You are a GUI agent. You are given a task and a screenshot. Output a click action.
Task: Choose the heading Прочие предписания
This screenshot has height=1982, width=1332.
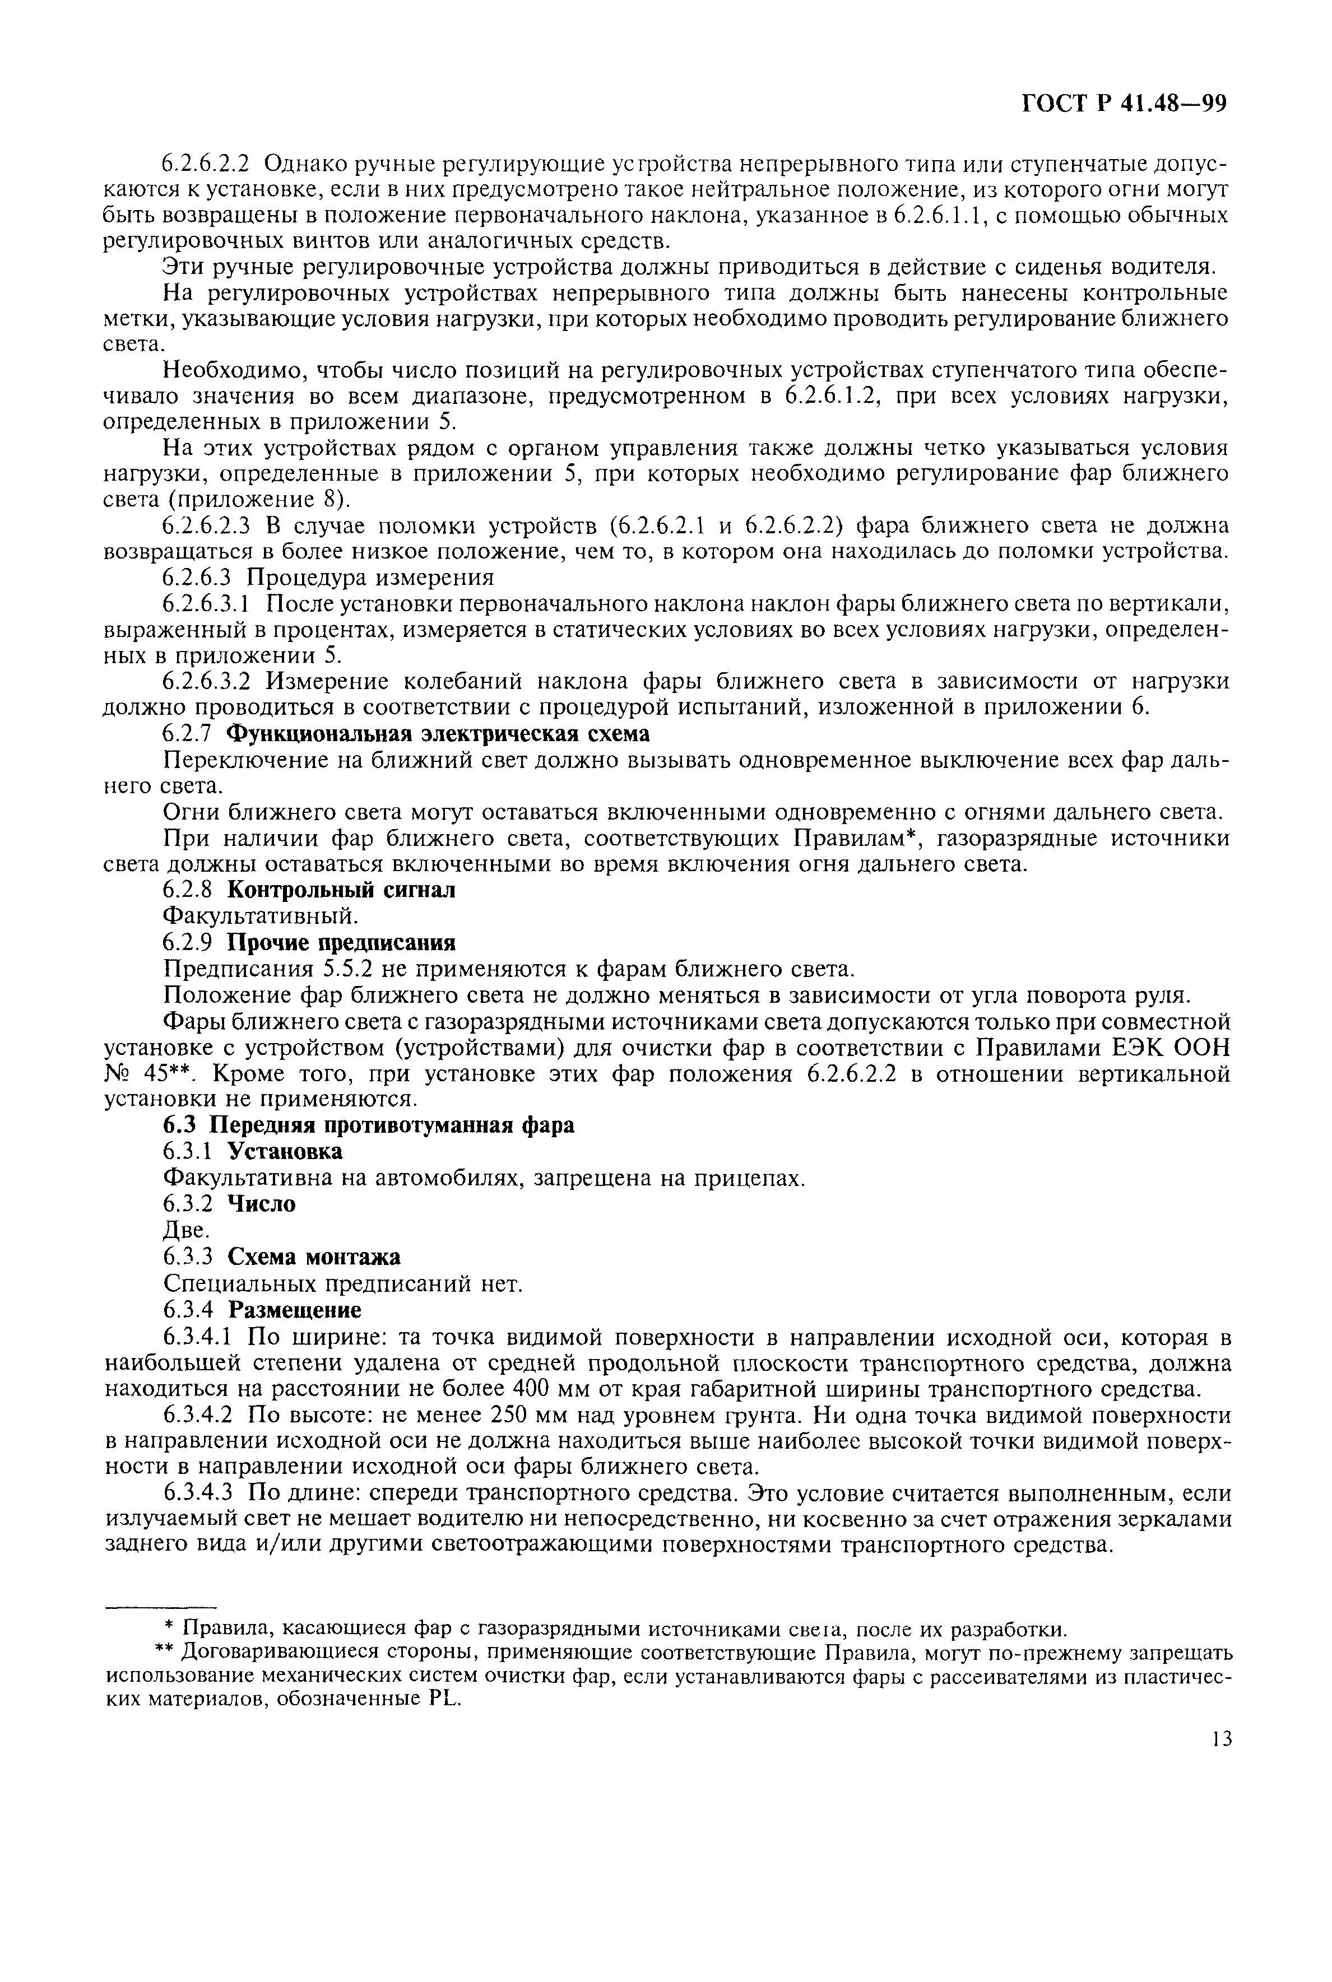pos(341,943)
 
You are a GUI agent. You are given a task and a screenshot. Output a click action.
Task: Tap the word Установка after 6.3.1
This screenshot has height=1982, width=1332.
pos(285,1151)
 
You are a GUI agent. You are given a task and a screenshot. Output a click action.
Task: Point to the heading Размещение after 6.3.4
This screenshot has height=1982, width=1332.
pos(294,1309)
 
